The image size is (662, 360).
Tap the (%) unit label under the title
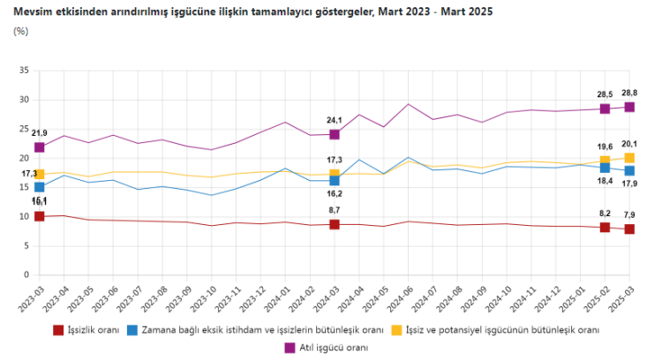(22, 31)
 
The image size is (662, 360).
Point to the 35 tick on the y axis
(24, 71)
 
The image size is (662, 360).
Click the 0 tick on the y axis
(26, 274)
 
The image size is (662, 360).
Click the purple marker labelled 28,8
(630, 107)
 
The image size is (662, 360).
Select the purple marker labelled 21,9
(40, 146)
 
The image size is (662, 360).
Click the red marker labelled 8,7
(335, 224)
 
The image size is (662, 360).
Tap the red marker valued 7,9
(630, 229)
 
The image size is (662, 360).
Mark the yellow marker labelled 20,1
(630, 158)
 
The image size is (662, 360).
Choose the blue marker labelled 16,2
(335, 180)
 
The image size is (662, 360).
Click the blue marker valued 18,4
(606, 168)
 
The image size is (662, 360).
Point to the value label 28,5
(606, 94)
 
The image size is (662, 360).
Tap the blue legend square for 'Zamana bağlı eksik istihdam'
(132, 330)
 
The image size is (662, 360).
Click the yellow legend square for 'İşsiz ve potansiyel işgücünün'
(397, 330)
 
